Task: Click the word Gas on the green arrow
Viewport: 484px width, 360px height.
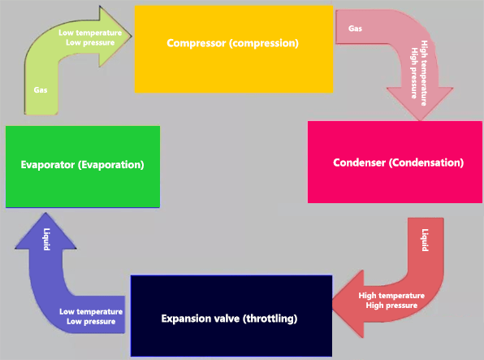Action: (x=41, y=89)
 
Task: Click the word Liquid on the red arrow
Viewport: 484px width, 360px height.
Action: (x=424, y=240)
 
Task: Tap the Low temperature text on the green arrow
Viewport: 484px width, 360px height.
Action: (x=91, y=33)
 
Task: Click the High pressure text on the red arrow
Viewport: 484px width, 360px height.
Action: (x=391, y=306)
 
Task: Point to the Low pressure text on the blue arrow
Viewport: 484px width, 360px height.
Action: (x=91, y=322)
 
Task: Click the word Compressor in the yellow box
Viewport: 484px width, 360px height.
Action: (x=198, y=43)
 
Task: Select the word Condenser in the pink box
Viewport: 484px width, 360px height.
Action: (x=360, y=163)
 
